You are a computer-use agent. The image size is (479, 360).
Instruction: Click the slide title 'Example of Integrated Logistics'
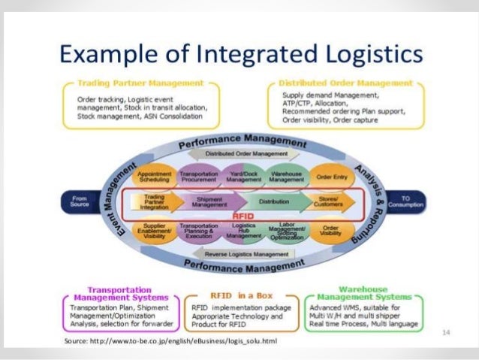click(240, 55)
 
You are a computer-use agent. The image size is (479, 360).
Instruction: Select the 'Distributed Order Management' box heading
click(345, 82)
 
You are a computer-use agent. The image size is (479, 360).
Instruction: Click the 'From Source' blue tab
click(79, 201)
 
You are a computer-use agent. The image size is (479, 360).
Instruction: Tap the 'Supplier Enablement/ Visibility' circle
click(155, 228)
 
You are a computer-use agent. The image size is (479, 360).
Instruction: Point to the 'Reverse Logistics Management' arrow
click(241, 254)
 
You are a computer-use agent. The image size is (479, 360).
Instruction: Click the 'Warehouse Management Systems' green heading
click(363, 293)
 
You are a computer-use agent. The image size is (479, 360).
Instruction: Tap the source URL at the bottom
click(172, 340)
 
